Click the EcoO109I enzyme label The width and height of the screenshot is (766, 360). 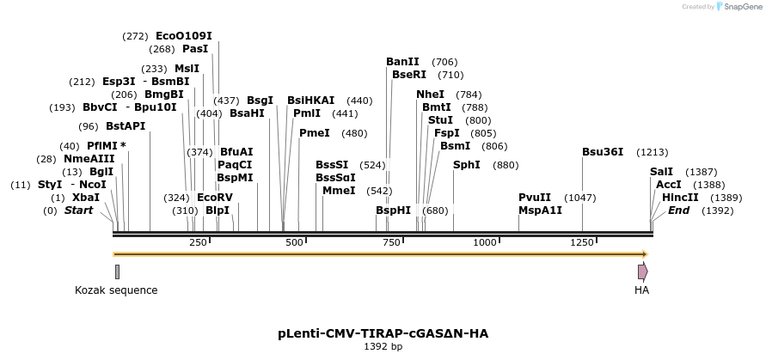click(x=183, y=36)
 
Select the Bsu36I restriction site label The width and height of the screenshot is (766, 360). click(x=602, y=152)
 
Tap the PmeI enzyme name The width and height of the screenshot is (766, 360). click(x=314, y=133)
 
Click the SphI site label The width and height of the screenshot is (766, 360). click(x=466, y=165)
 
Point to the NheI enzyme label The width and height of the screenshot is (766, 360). click(x=430, y=95)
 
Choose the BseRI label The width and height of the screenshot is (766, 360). click(x=408, y=75)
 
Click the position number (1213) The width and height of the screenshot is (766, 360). click(x=652, y=152)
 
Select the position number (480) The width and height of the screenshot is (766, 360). click(x=354, y=133)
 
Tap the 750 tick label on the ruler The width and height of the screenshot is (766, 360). click(x=392, y=243)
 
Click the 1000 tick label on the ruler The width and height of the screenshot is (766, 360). click(x=486, y=243)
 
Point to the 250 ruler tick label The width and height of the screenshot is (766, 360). click(x=199, y=243)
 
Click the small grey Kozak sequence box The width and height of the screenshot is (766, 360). click(x=117, y=272)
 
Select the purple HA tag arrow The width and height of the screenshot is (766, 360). click(x=642, y=272)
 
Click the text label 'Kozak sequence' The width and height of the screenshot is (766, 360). click(x=116, y=290)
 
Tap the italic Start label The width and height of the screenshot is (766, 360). click(x=78, y=211)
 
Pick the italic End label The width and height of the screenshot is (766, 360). click(x=678, y=211)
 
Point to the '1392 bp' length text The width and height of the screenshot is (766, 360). click(x=383, y=347)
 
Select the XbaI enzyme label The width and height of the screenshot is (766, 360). click(x=86, y=198)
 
